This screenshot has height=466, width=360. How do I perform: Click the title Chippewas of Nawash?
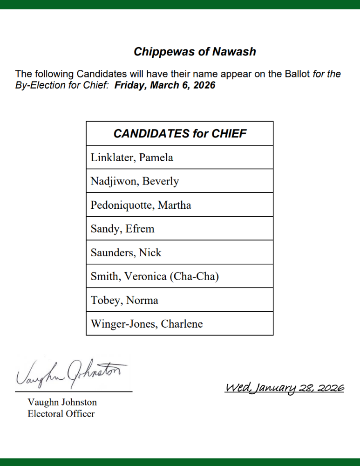[195, 52]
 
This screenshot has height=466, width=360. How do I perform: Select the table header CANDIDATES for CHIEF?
[180, 134]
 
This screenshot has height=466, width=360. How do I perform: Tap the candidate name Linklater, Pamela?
[132, 158]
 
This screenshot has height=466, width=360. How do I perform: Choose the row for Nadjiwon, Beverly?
[135, 181]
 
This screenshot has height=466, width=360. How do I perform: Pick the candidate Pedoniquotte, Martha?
[141, 205]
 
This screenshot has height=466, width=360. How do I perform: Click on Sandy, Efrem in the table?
[122, 229]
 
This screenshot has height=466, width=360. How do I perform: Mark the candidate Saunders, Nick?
[126, 253]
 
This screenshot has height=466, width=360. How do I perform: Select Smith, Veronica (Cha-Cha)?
[155, 276]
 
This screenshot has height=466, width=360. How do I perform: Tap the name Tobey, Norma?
[124, 300]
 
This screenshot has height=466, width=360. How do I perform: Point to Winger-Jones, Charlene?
[147, 324]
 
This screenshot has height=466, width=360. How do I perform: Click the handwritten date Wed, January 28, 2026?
[284, 388]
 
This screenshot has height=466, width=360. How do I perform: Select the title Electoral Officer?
[61, 413]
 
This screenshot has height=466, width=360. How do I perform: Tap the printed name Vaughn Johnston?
[62, 402]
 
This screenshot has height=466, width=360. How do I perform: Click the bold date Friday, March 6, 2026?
[165, 86]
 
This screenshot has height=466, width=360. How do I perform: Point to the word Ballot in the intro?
[296, 74]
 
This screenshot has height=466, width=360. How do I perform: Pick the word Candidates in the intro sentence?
[100, 74]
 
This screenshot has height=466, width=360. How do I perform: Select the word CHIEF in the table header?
[229, 134]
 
